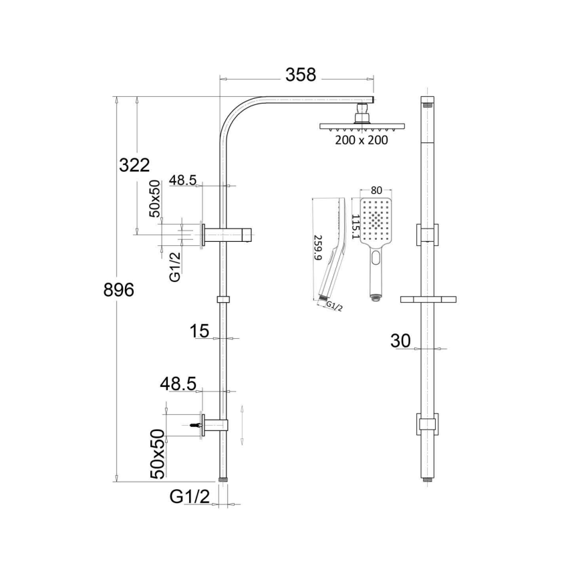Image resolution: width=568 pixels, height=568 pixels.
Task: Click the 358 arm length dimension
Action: point(300,75)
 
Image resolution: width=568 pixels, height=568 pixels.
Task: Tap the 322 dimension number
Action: point(134,164)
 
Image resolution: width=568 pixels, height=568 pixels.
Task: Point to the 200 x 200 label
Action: point(361,140)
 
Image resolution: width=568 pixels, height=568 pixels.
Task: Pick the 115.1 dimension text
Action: point(356,227)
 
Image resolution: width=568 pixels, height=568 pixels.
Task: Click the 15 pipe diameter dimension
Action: point(200,330)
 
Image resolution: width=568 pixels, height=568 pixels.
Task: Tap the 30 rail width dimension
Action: point(400,340)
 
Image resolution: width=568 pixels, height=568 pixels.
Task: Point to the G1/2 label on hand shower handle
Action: point(334,306)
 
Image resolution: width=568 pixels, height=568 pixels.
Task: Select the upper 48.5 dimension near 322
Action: point(182,180)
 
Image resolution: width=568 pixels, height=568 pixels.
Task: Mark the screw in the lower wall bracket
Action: point(196,424)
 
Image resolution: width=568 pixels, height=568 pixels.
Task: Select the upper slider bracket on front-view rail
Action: point(427,233)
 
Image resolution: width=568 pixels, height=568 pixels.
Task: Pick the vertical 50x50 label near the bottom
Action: point(156,454)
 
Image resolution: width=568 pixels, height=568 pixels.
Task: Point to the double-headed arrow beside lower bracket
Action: point(243,424)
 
